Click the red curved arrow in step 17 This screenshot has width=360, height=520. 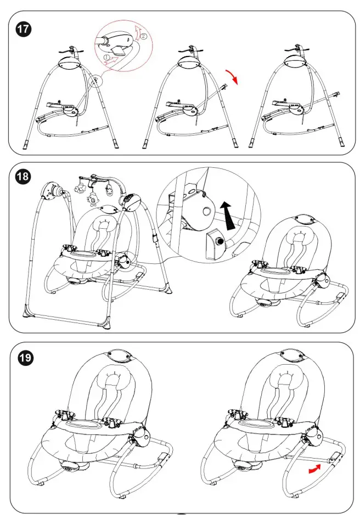[x=235, y=78]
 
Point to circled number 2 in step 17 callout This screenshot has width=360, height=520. [x=144, y=36]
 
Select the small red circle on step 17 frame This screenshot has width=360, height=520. [x=97, y=81]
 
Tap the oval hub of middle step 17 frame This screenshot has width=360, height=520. [x=187, y=63]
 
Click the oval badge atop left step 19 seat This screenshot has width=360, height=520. [x=120, y=357]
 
